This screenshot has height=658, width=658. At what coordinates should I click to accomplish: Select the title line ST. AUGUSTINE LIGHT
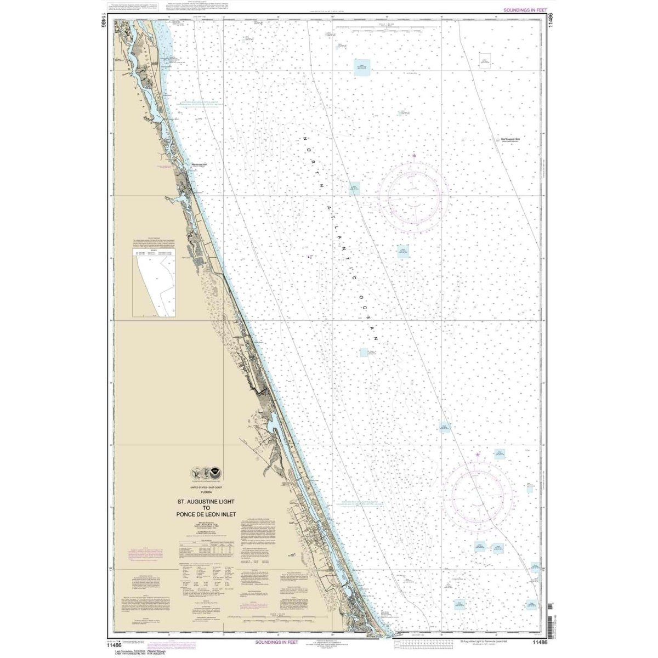pyautogui.click(x=205, y=500)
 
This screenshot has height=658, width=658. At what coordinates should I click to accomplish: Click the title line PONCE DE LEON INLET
pyautogui.click(x=205, y=514)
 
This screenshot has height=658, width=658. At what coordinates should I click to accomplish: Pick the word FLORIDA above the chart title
pyautogui.click(x=204, y=491)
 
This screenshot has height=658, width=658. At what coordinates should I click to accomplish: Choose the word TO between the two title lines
pyautogui.click(x=205, y=507)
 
